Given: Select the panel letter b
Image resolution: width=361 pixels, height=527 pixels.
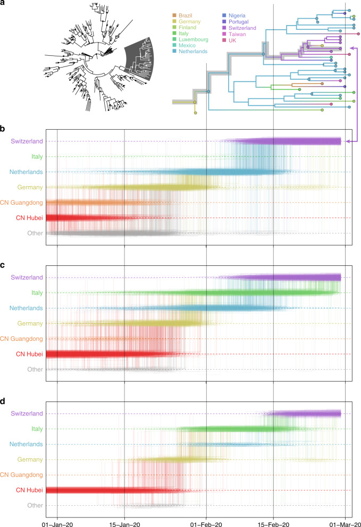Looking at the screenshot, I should [x=3, y=129].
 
